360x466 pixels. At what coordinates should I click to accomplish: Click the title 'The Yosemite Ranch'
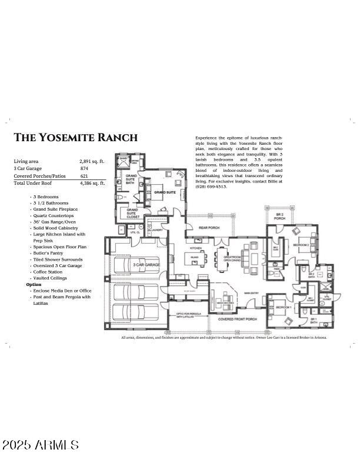pyautogui.click(x=75, y=138)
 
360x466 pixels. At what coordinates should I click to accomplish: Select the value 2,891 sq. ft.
pyautogui.click(x=92, y=161)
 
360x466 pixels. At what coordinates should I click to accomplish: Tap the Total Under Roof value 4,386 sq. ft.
pyautogui.click(x=92, y=183)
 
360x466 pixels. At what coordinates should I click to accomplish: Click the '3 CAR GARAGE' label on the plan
pyautogui.click(x=146, y=265)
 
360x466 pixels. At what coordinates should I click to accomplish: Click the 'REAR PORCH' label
pyautogui.click(x=208, y=227)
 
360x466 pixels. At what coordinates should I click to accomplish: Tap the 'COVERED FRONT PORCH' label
pyautogui.click(x=237, y=319)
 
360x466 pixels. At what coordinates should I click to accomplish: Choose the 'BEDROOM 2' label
pyautogui.click(x=302, y=244)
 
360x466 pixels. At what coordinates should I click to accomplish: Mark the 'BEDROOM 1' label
pyautogui.click(x=284, y=307)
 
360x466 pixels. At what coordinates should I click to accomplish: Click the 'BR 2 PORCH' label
pyautogui.click(x=279, y=216)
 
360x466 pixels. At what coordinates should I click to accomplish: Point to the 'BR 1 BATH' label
pyautogui.click(x=315, y=321)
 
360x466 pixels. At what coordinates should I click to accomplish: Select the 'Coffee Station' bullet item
pyautogui.click(x=50, y=272)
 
